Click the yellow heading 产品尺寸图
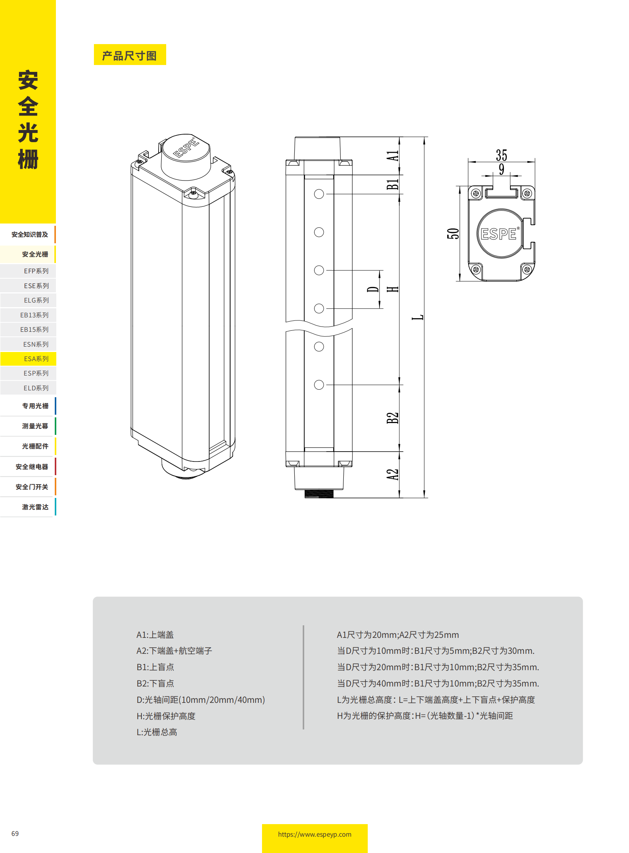(x=129, y=55)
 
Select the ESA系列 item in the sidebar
(x=36, y=358)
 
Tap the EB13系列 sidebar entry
(x=34, y=315)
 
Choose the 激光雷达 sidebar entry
(x=35, y=507)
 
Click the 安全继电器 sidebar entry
(x=32, y=466)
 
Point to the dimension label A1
(x=392, y=156)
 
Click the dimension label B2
(x=392, y=417)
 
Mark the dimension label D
(x=373, y=289)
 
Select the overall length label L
(x=418, y=317)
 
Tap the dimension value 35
(x=501, y=155)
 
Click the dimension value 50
(x=453, y=233)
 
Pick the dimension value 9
(x=502, y=169)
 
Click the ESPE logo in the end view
(x=499, y=233)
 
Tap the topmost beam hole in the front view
(x=319, y=194)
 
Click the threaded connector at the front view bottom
(x=319, y=494)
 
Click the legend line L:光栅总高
(x=157, y=732)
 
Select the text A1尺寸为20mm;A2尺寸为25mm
(x=397, y=634)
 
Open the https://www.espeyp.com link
(x=314, y=834)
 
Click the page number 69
(x=15, y=833)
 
